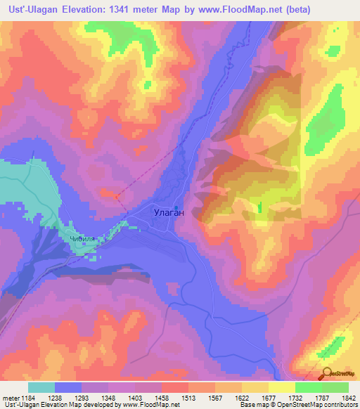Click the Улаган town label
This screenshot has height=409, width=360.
[168, 210]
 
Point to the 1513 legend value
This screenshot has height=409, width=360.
[189, 398]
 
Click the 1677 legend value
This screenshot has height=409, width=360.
[269, 398]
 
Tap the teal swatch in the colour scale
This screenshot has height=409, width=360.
[41, 387]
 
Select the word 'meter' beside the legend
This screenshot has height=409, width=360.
[9, 398]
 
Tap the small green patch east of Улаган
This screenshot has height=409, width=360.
[259, 207]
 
